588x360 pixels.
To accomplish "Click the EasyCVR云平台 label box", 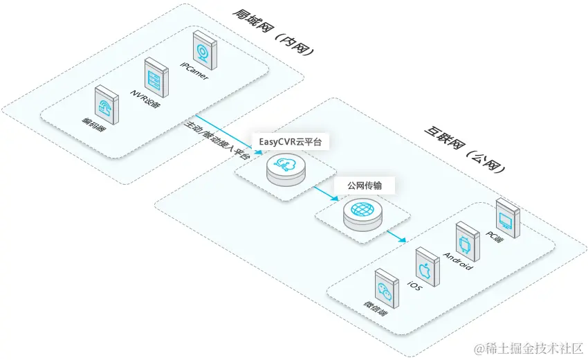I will coord(290,142).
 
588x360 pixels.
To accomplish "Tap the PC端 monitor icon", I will coord(506,217).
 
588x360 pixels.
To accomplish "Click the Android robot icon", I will coord(465,240).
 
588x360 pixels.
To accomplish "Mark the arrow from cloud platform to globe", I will coord(325,192).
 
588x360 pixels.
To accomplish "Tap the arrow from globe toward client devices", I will coord(396,236).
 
